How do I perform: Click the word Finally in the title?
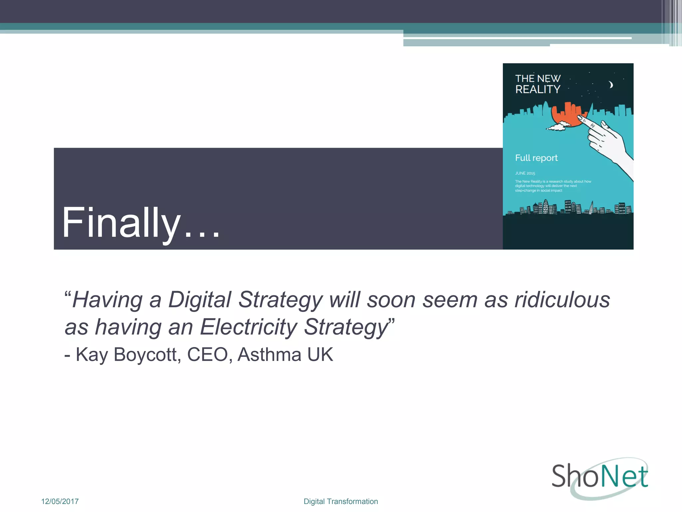[121, 222]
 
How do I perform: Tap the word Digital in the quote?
[199, 299]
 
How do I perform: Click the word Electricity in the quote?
[248, 327]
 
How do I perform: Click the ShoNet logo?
[600, 478]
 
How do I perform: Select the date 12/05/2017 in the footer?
[60, 501]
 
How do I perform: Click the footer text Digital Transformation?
[341, 501]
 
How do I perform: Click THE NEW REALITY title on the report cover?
[538, 84]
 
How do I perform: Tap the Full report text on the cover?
[536, 158]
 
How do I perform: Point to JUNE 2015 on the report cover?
[525, 173]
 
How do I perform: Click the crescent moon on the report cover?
[611, 85]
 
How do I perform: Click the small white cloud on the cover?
[558, 126]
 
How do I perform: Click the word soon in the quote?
[391, 299]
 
